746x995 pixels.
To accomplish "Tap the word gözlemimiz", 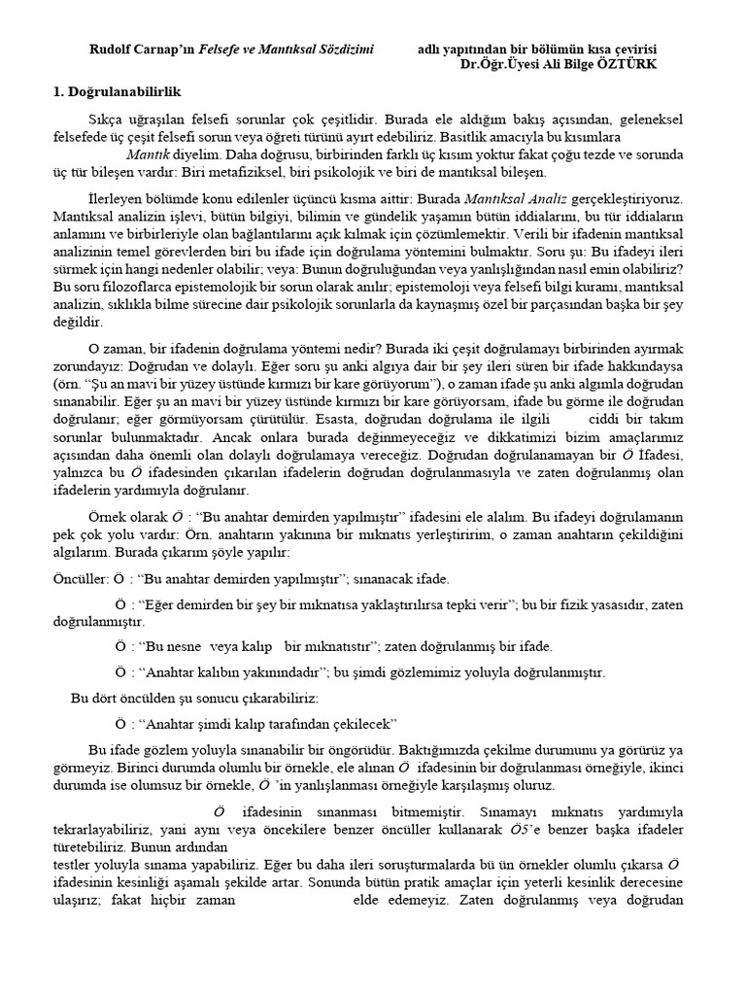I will pyautogui.click(x=492, y=671).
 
